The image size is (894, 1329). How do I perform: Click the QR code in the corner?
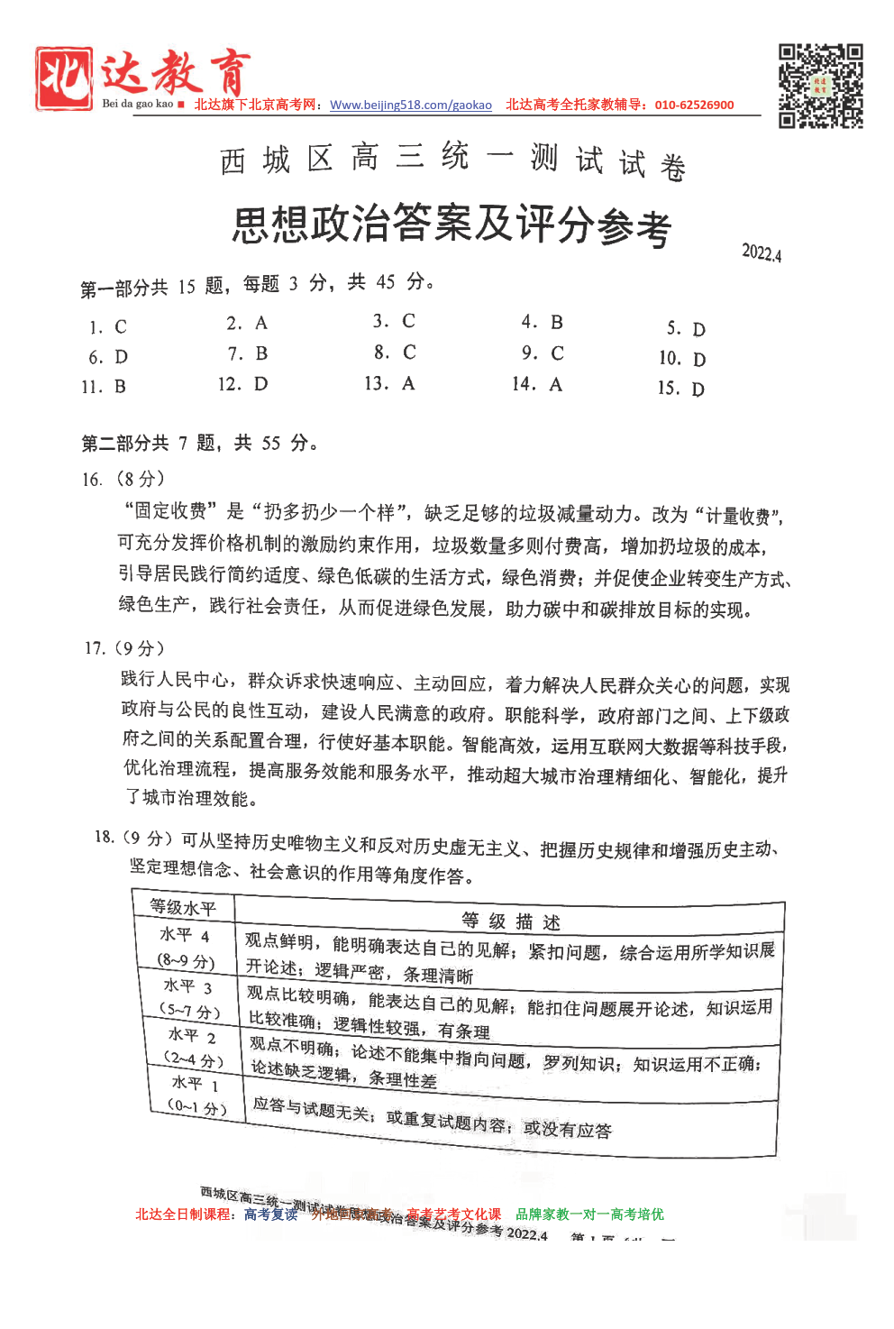tap(820, 86)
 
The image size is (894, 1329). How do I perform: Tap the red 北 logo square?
tap(64, 78)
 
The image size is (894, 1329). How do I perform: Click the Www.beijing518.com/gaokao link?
tap(411, 105)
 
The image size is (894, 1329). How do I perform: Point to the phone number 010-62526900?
tap(694, 105)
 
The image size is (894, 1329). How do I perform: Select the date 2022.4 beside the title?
tap(762, 252)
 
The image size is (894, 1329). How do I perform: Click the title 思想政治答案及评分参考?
tap(452, 225)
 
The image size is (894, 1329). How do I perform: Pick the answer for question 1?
tap(121, 327)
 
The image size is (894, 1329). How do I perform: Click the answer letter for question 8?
tap(409, 353)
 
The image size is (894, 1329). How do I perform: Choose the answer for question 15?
tap(698, 390)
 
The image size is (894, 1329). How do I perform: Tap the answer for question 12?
tap(260, 384)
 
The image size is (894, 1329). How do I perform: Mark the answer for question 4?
tap(557, 323)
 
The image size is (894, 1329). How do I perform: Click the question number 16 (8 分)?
tap(123, 479)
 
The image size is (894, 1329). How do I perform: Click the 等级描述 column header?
tap(510, 921)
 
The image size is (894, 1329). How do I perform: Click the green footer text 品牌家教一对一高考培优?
tap(589, 1214)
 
